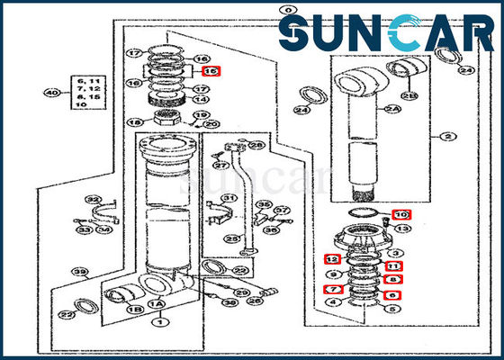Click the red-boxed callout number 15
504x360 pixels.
(x=211, y=71)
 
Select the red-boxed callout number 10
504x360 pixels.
(x=401, y=214)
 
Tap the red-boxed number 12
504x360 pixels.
(x=331, y=260)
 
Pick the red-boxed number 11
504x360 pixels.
(x=393, y=266)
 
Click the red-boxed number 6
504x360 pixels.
(x=393, y=294)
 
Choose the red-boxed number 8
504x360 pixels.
(x=393, y=280)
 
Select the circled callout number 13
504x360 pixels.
(x=401, y=229)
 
